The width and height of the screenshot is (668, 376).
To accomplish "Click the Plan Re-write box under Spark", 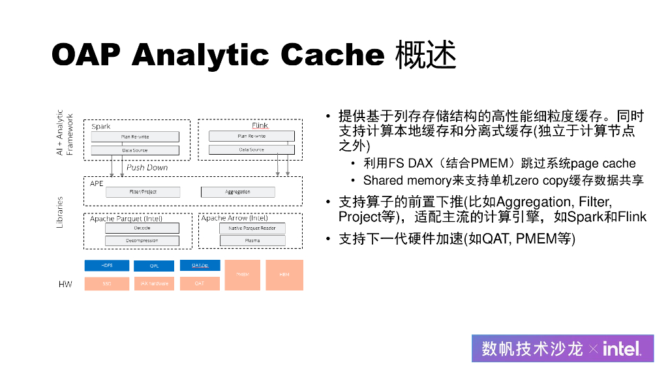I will (135, 136).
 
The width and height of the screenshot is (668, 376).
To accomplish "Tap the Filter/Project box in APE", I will (143, 192).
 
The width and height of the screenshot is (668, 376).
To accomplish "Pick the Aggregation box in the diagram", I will (237, 192).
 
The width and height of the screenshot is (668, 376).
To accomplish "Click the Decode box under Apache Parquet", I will (142, 228).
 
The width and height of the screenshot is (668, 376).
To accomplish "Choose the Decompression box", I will (142, 241).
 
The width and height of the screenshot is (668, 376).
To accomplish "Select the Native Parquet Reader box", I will (252, 228).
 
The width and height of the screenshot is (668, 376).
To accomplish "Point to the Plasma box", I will (252, 241).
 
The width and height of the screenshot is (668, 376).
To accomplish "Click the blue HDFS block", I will (106, 266).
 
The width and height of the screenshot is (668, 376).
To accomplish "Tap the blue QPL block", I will (154, 266).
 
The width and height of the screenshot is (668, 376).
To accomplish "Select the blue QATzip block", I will (200, 266).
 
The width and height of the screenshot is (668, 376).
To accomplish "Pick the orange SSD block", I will (106, 283).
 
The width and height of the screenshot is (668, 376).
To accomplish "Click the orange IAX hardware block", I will (154, 283).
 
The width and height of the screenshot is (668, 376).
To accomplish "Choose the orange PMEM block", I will (243, 275).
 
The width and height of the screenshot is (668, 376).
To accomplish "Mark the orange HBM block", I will (284, 275).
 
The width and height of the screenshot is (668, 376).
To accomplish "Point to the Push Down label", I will (147, 168).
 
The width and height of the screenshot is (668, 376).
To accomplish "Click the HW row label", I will (65, 285).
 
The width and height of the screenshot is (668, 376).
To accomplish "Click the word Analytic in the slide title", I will (200, 55).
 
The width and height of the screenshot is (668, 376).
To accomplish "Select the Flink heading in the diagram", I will (259, 125).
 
